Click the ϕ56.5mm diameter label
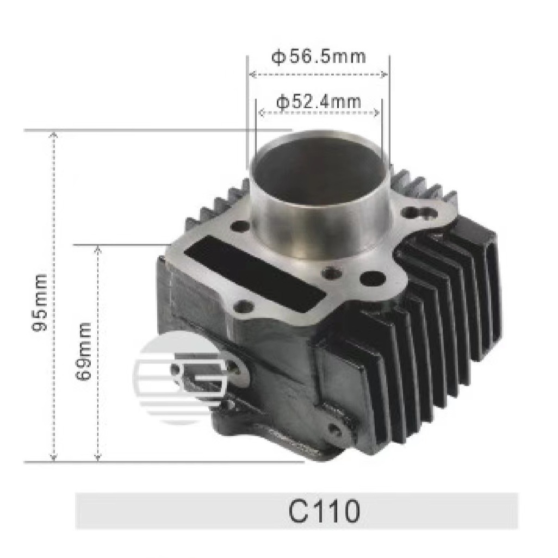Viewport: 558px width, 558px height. (x=318, y=56)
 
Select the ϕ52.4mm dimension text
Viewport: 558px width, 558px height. (x=318, y=101)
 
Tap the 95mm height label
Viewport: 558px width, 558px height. (x=41, y=303)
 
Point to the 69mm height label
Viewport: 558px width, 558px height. (x=84, y=350)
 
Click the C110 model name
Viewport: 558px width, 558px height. (x=324, y=511)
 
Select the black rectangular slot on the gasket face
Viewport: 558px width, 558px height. (x=256, y=270)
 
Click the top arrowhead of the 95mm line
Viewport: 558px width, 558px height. (x=53, y=134)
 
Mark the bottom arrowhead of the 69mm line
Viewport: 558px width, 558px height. (x=98, y=457)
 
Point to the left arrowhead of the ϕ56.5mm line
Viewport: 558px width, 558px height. (x=251, y=75)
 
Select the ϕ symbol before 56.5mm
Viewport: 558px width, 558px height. (x=278, y=57)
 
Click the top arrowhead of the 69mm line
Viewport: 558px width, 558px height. (x=98, y=249)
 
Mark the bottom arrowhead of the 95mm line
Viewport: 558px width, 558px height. (x=53, y=457)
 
